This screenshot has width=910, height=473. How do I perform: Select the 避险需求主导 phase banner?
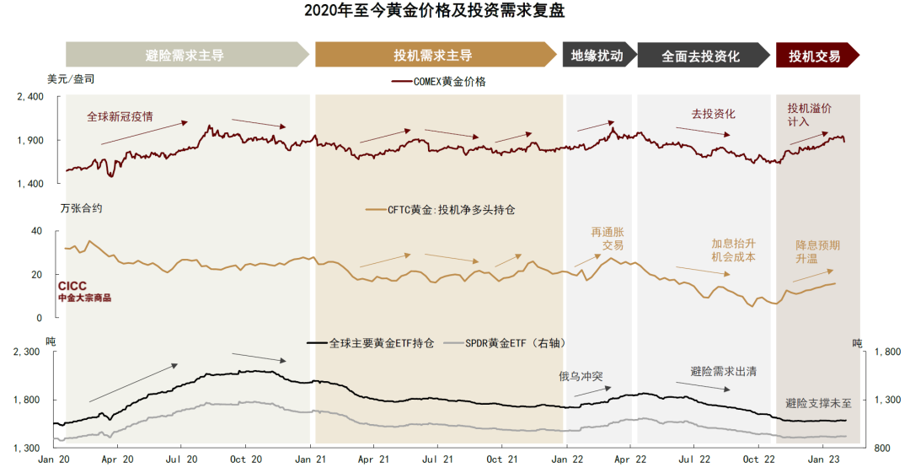point(185,56)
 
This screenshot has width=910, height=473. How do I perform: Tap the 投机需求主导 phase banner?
point(433,56)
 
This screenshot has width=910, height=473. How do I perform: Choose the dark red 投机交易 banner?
point(815,56)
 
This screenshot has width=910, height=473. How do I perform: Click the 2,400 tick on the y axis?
point(29,97)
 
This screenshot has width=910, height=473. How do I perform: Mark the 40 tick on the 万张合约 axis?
point(36,231)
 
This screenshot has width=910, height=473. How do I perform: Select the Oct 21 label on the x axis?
point(502,460)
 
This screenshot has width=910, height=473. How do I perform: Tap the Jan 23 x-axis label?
point(822,460)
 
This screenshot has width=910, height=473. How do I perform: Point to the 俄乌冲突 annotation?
point(581,376)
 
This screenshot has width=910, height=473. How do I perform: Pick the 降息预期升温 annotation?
point(818,252)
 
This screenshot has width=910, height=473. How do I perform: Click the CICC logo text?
point(72,287)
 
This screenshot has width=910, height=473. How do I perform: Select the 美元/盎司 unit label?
point(71,78)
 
